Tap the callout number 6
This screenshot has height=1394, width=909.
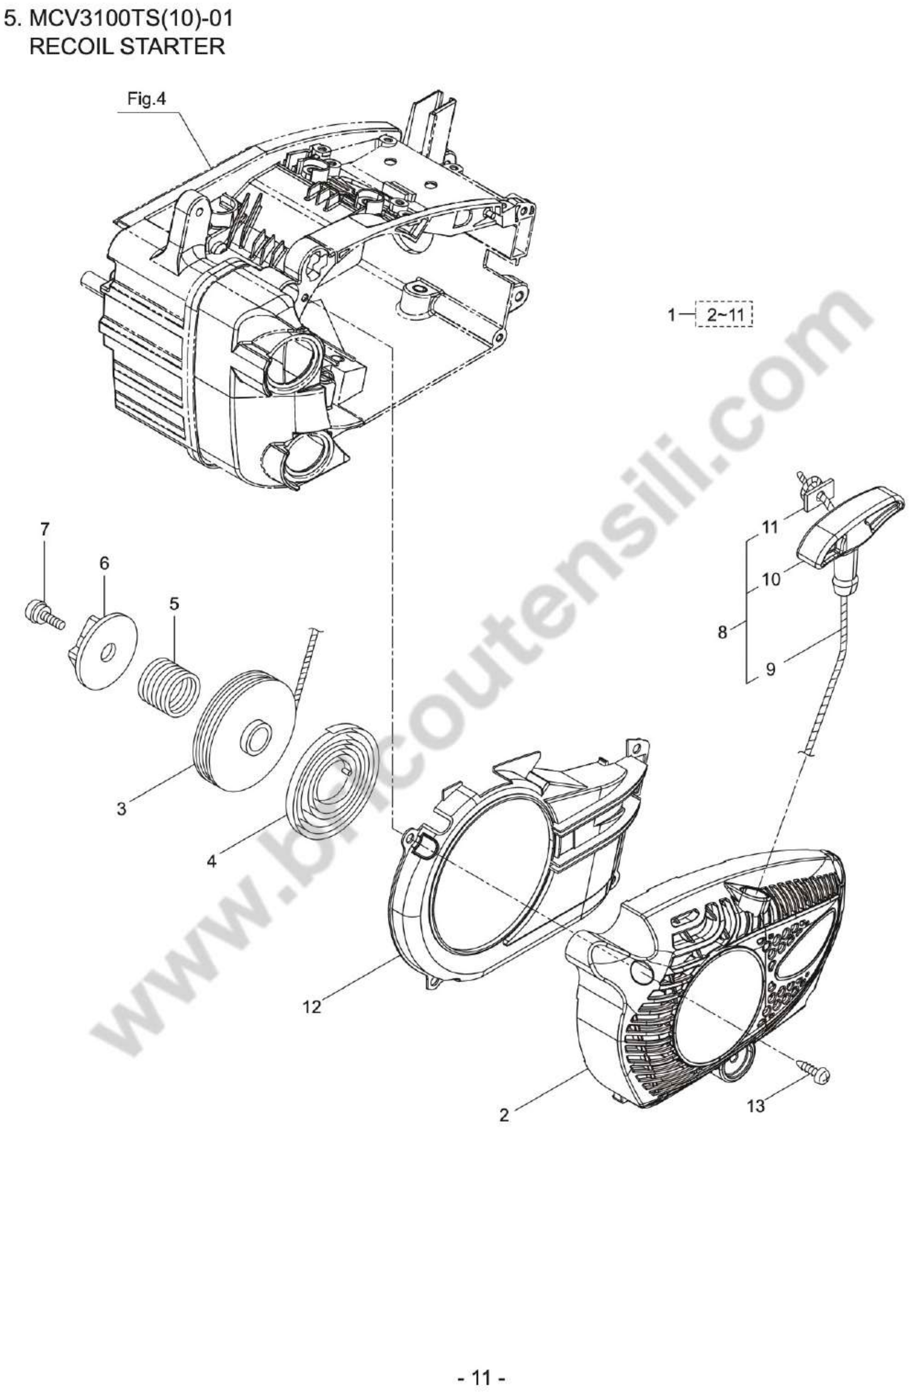[x=104, y=563]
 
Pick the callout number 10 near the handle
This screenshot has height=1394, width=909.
[x=771, y=580]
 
